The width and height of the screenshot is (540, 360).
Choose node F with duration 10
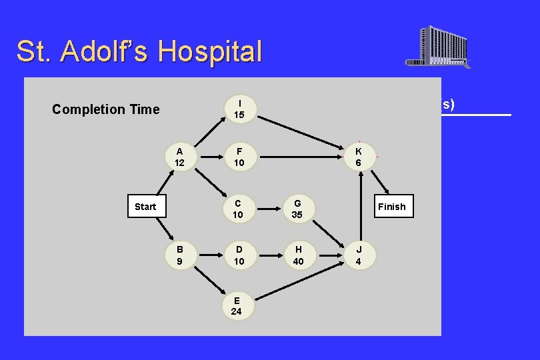(239, 157)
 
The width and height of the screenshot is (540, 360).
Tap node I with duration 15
(239, 109)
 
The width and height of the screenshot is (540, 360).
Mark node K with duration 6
(359, 157)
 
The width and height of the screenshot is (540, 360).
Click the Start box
(145, 207)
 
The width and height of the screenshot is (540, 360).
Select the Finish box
(391, 207)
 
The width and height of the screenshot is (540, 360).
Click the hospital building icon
(438, 47)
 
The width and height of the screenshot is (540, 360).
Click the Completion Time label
(106, 109)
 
